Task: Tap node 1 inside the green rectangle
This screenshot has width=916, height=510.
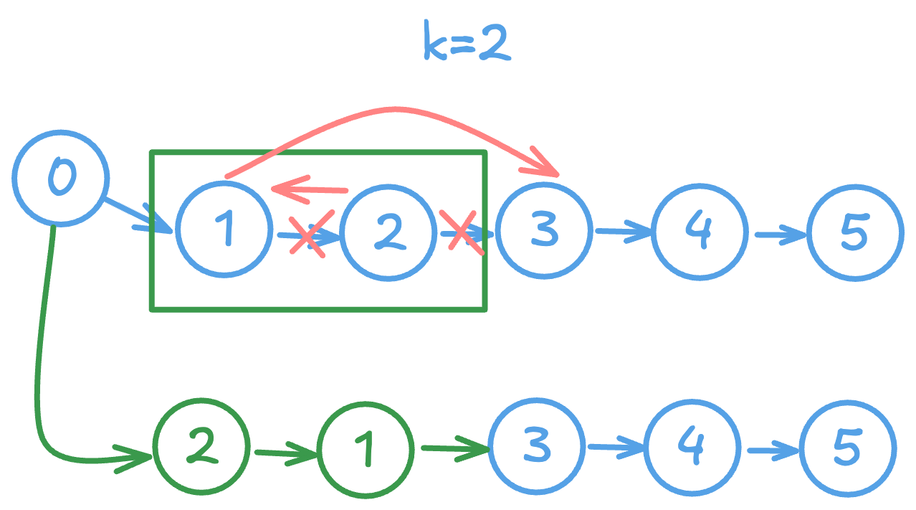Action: pyautogui.click(x=224, y=229)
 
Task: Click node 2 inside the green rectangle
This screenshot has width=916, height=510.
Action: pyautogui.click(x=388, y=232)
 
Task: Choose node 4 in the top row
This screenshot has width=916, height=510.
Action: pyautogui.click(x=699, y=231)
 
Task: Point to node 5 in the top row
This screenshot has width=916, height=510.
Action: pyautogui.click(x=854, y=232)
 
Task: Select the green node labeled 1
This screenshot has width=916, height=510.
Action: pyautogui.click(x=365, y=450)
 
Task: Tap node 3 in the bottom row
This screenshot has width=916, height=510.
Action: pyautogui.click(x=536, y=446)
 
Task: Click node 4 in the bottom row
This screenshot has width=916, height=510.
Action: pyautogui.click(x=692, y=448)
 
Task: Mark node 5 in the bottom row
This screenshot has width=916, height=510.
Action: pyautogui.click(x=847, y=448)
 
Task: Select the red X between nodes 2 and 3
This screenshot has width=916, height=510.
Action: pyautogui.click(x=463, y=231)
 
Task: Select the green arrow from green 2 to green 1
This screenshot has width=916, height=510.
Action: pyautogui.click(x=285, y=453)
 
